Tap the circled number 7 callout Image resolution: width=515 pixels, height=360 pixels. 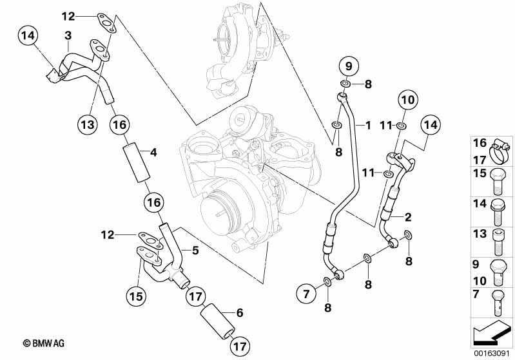(306, 295)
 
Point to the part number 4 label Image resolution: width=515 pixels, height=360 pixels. (153, 153)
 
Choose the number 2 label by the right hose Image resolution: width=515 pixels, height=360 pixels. (409, 216)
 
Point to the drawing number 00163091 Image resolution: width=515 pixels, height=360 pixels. (493, 354)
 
